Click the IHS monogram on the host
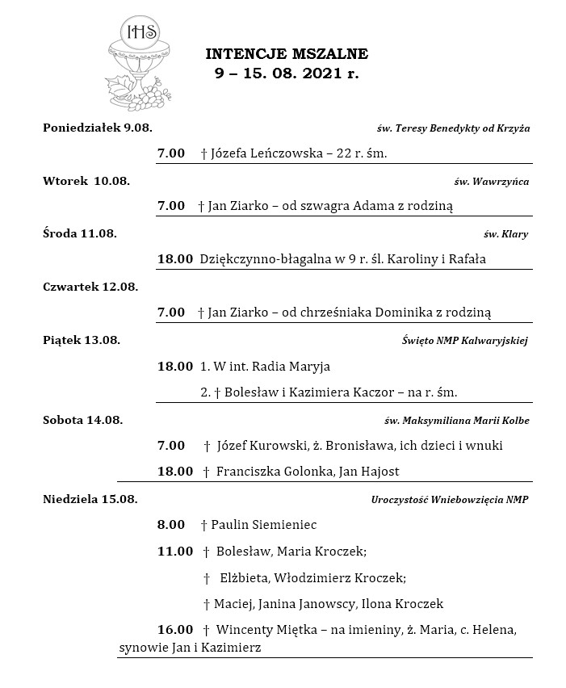[140, 32]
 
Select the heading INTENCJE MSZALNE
[287, 54]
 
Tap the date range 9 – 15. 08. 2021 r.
[287, 72]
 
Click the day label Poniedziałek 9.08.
[98, 128]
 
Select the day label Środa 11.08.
[80, 233]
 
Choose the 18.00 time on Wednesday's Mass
[174, 259]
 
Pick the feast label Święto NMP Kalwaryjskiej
[465, 340]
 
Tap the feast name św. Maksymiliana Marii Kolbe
[456, 421]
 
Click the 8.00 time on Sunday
[171, 524]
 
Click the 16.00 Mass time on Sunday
[174, 629]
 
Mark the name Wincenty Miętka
[263, 629]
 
